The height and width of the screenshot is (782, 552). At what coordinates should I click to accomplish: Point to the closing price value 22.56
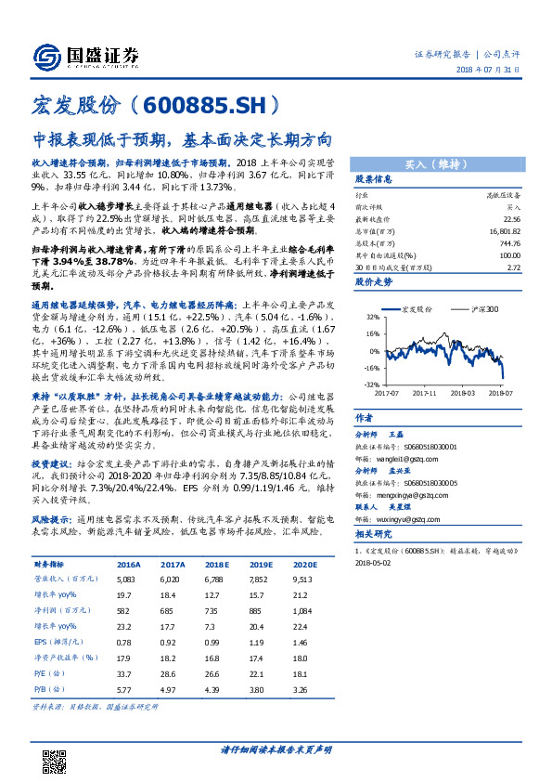[x=508, y=220]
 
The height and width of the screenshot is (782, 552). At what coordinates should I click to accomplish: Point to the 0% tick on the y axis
[x=371, y=351]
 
